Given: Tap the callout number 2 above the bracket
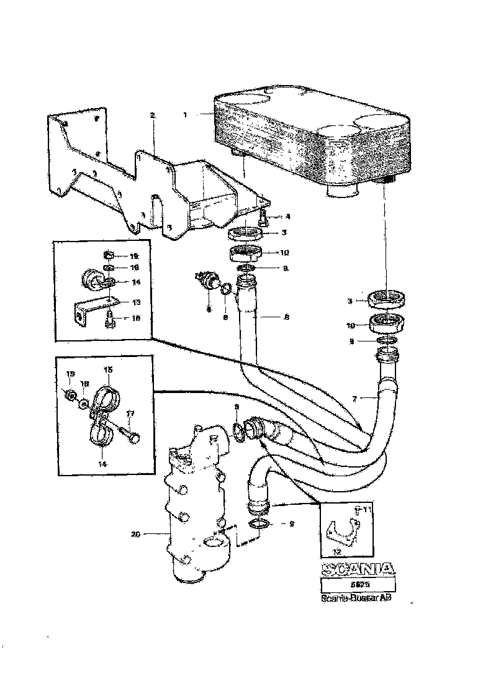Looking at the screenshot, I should tap(152, 115).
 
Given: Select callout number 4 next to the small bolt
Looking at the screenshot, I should tap(288, 217).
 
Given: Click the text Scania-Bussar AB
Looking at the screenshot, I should tap(357, 599).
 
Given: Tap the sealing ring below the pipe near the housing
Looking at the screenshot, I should tap(261, 525).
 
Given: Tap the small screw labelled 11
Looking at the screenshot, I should tap(357, 511).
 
